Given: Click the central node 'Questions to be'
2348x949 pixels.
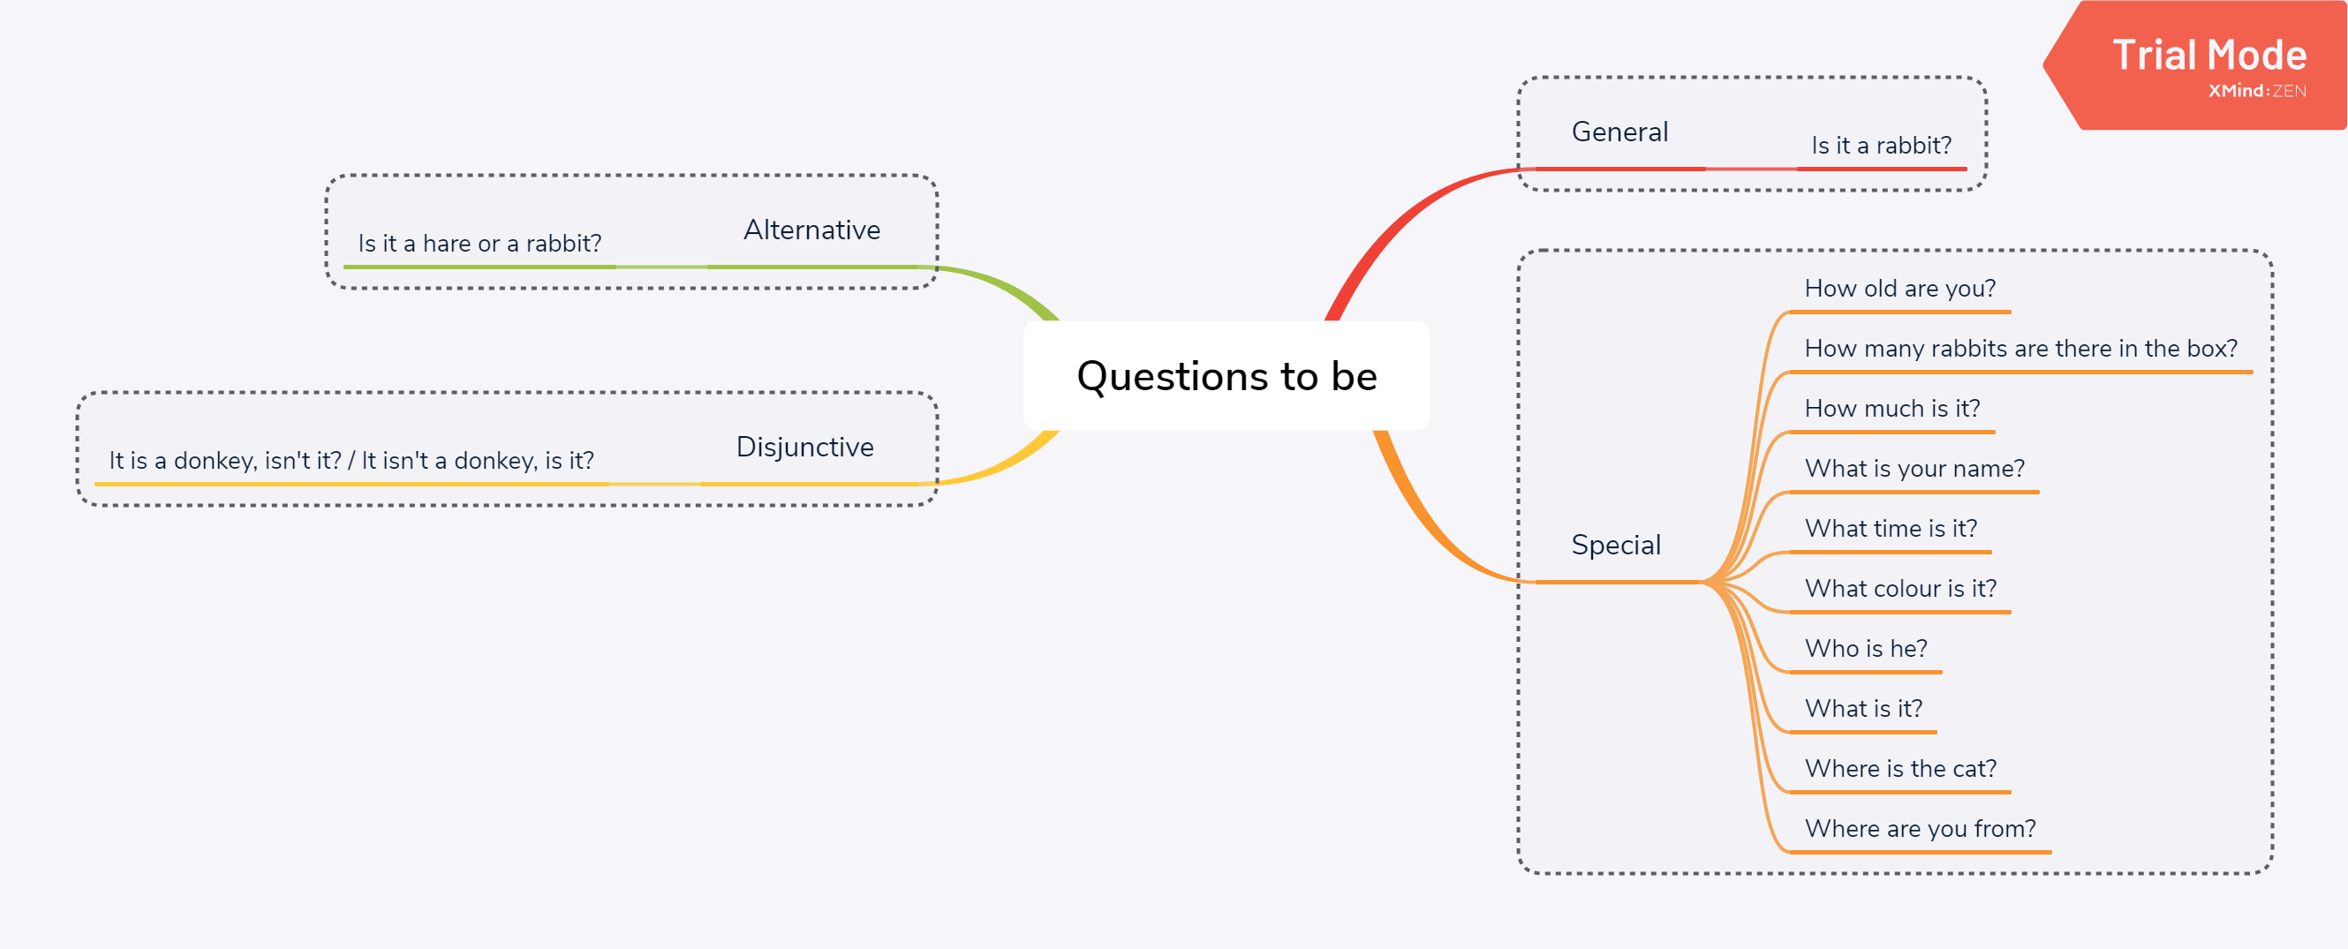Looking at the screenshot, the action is point(1226,375).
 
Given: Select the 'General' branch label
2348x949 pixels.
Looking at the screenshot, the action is point(1619,132).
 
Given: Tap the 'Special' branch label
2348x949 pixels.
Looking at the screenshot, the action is point(1616,546).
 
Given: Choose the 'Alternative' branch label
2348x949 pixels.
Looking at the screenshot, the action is point(812,230).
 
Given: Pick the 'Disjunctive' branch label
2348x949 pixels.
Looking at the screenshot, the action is point(804,447).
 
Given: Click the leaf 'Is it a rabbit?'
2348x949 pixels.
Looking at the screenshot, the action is point(1882,146).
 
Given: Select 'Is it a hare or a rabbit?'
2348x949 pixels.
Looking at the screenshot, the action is point(479,244).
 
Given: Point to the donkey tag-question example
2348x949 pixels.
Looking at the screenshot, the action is point(351,460).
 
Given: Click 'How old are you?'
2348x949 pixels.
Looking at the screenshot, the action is point(1899,289).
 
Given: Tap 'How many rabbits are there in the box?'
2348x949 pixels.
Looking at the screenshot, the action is point(2020,350).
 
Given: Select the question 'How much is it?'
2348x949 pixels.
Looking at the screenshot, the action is point(1892,409).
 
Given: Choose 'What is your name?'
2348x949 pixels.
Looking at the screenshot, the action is point(1914,469).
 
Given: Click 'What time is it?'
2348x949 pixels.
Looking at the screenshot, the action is point(1891,529).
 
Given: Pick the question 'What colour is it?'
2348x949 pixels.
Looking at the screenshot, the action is point(1900,589).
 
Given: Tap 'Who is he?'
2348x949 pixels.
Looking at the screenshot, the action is point(1866,648).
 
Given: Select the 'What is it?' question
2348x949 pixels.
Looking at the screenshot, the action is point(1863,708).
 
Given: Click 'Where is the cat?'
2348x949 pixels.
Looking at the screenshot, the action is point(1900,769).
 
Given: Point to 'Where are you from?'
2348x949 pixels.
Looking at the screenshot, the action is point(1920,829).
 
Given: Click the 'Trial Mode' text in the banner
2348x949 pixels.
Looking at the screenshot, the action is point(2209,56).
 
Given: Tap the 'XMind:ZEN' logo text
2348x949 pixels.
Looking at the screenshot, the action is point(2257,91).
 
